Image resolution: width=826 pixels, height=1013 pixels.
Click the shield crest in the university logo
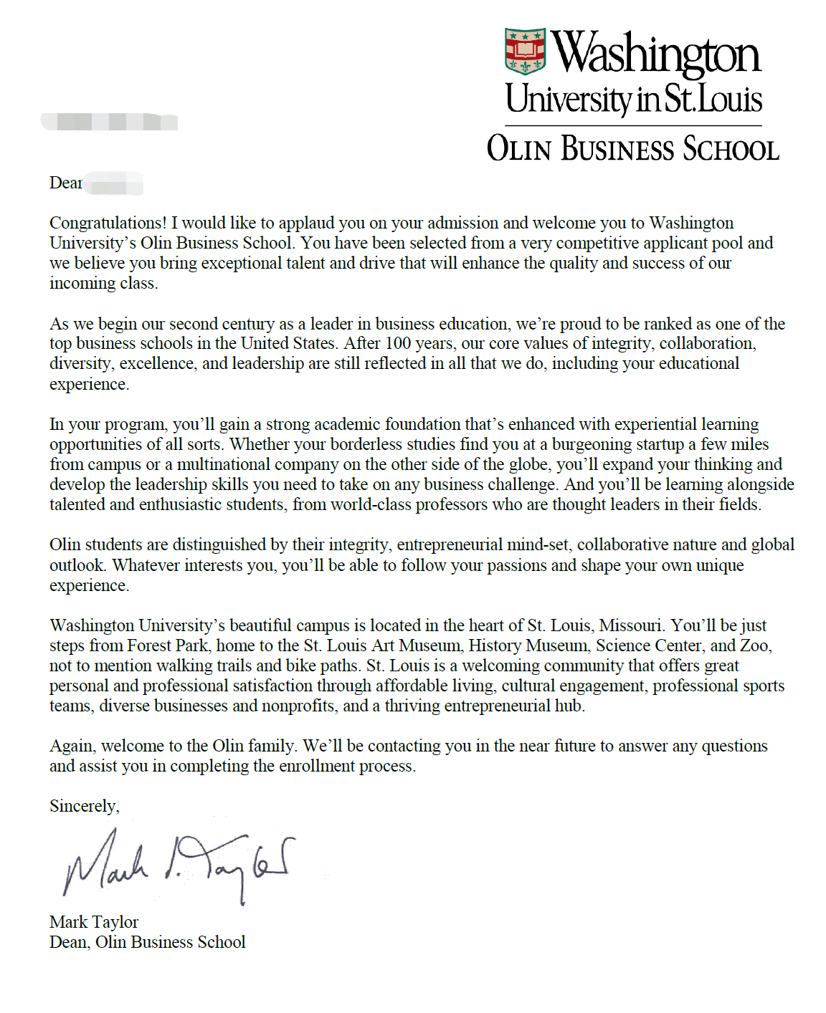pos(525,52)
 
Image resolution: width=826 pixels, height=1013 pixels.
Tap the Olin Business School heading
pos(632,149)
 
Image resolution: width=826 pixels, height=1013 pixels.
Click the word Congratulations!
pos(108,223)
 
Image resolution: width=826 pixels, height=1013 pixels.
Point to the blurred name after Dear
pos(114,183)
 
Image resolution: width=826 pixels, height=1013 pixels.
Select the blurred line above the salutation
pos(109,122)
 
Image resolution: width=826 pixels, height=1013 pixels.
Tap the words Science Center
pos(650,645)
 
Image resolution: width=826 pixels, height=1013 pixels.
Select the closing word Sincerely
pos(83,806)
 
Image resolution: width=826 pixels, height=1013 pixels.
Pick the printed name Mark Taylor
pos(94,922)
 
